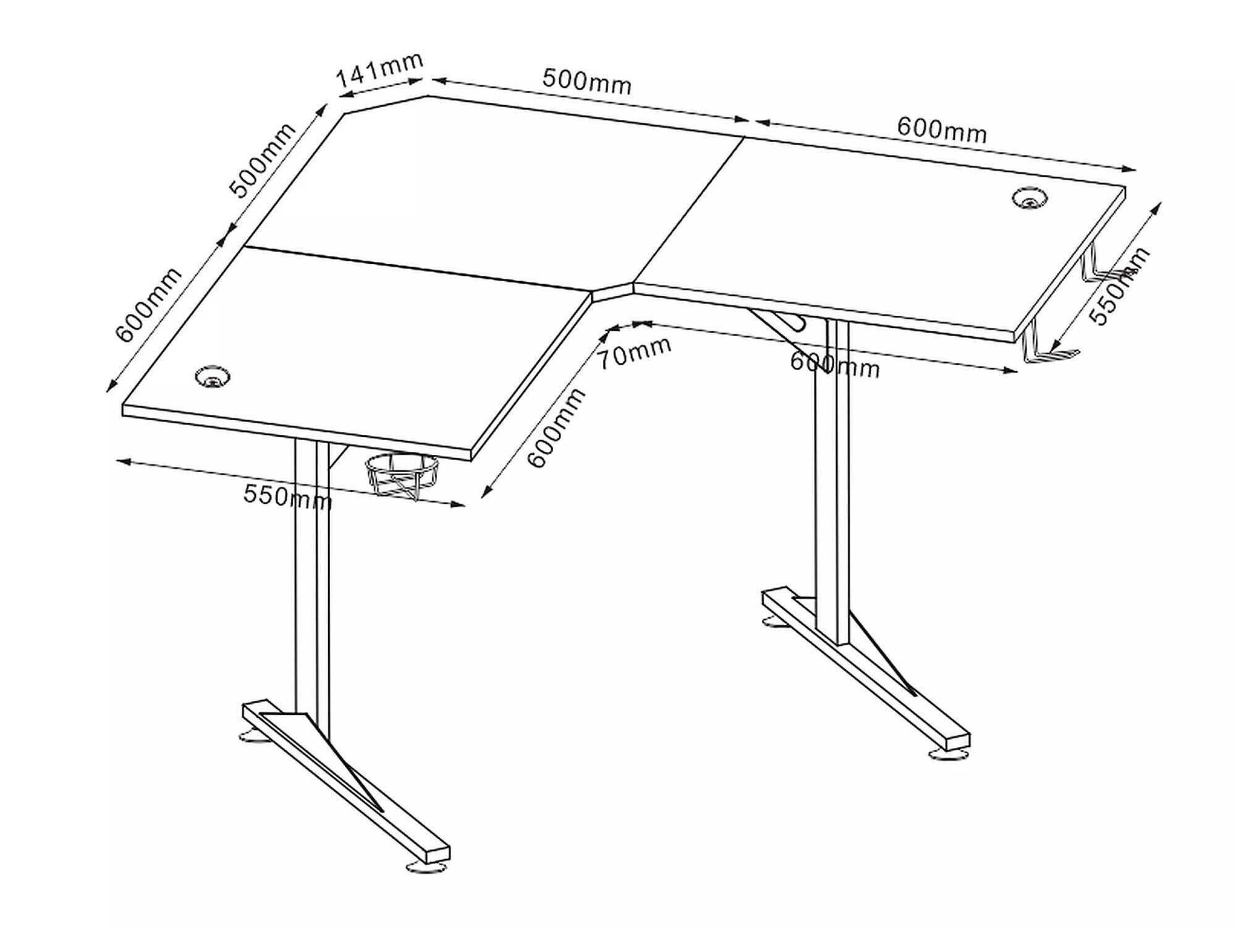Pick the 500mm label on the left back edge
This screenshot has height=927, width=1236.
click(263, 161)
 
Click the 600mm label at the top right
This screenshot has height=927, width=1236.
click(942, 130)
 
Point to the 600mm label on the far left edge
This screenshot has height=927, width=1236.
click(149, 305)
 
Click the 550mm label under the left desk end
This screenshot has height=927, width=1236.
click(287, 496)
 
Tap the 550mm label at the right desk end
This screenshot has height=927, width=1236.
click(1119, 286)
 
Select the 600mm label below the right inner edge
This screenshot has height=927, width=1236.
click(834, 364)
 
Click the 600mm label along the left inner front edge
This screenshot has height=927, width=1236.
click(556, 428)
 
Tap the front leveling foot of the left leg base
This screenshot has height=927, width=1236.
click(426, 868)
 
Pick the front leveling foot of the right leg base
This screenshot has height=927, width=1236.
click(949, 755)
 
